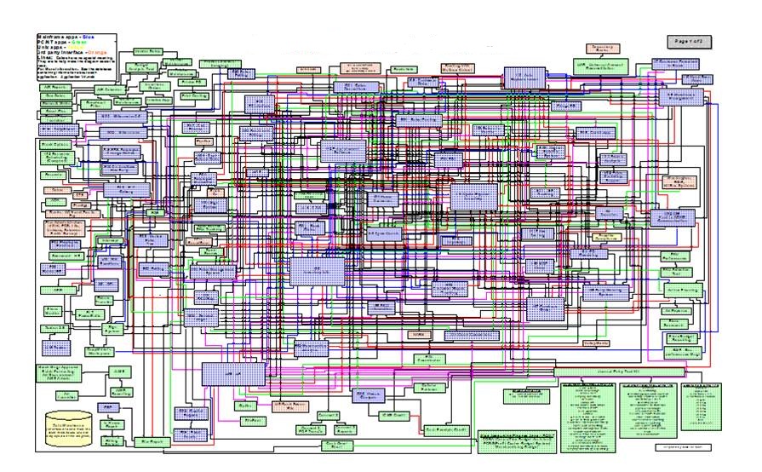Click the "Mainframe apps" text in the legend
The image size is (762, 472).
59,38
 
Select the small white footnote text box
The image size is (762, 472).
682,446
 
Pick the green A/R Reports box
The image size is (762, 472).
56,88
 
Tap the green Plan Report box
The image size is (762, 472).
152,442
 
